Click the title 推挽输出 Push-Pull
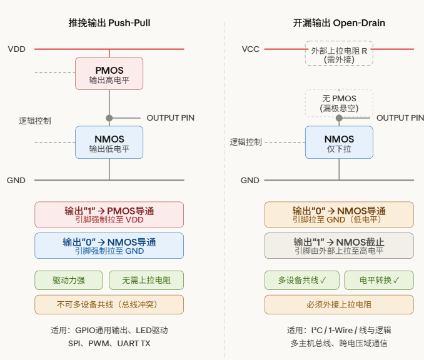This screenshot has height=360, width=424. (109, 23)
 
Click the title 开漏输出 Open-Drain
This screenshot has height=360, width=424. (339, 23)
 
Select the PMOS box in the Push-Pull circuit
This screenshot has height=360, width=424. (109, 74)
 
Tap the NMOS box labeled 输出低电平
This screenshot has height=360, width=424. (109, 142)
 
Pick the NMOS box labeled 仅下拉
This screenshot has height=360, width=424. (339, 142)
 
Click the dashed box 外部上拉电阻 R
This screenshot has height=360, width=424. (339, 53)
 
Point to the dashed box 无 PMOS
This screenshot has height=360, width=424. (339, 102)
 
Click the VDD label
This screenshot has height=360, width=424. (17, 49)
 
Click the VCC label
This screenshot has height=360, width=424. (250, 49)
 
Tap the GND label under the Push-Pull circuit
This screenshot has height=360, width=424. (16, 180)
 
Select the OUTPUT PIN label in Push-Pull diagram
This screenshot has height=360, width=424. (170, 117)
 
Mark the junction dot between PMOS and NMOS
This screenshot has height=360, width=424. (109, 117)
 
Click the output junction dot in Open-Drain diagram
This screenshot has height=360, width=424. (339, 117)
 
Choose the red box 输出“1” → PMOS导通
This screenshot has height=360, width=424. (109, 214)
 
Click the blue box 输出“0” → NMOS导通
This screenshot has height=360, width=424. (109, 246)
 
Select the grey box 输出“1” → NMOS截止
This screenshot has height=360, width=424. (339, 246)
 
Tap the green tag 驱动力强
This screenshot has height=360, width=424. (69, 280)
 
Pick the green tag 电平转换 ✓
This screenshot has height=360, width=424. (378, 280)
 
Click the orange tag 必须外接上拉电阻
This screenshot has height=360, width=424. (339, 304)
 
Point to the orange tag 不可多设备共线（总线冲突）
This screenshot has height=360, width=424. (109, 304)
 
